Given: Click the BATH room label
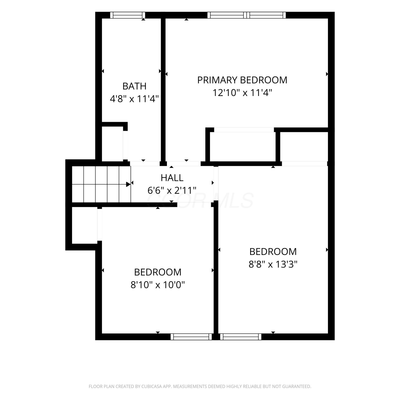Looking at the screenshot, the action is click(134, 86).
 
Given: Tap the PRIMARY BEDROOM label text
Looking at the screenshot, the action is click(242, 80).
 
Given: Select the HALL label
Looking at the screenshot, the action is click(172, 178).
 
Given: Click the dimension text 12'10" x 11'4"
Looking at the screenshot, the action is click(242, 93).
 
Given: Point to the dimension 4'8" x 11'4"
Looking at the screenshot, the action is click(134, 99).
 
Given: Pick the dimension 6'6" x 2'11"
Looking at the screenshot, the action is click(172, 190).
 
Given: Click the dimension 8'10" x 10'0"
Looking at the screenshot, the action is click(158, 285).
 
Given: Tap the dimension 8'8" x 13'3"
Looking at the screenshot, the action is click(273, 264).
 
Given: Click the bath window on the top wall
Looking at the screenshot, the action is click(128, 15).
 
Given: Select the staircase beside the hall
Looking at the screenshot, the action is click(101, 184).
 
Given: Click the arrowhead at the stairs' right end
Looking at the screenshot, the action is click(129, 184).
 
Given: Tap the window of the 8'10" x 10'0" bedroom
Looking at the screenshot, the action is click(191, 337).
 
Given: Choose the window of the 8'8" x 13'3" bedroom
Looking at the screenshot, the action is click(241, 337).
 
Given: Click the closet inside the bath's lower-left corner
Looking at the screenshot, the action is click(112, 143).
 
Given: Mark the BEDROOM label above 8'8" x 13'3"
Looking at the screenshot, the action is click(273, 251).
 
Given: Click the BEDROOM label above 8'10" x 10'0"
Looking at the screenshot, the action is click(158, 272).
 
